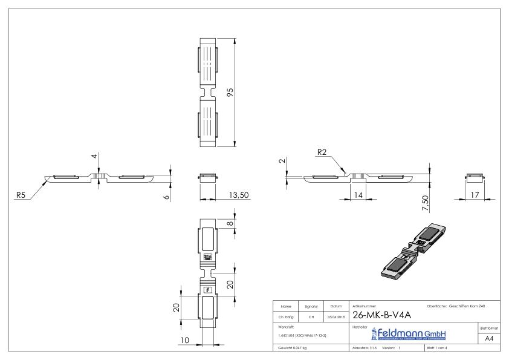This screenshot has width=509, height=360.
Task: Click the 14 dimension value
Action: point(360,195)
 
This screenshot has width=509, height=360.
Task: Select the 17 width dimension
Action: point(475,195)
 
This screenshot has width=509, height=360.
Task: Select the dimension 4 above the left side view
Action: point(94,157)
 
